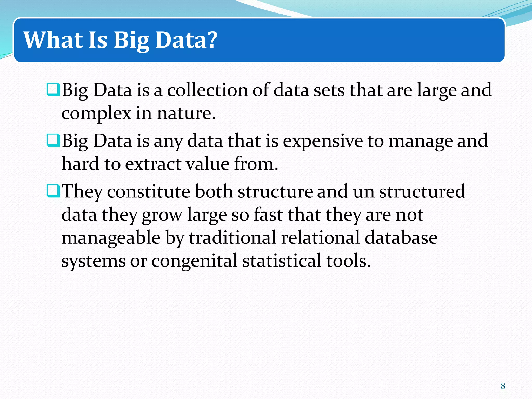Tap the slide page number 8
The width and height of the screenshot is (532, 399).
pos(503,386)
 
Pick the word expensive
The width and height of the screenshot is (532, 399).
pos(323,141)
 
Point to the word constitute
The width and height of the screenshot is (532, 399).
pos(149,191)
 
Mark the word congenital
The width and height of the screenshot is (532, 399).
pos(194,261)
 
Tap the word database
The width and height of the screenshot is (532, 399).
pos(401,238)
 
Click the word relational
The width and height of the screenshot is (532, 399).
pos(321,238)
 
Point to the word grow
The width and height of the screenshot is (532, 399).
pos(162,215)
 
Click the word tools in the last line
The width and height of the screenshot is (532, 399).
pos(348,261)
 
